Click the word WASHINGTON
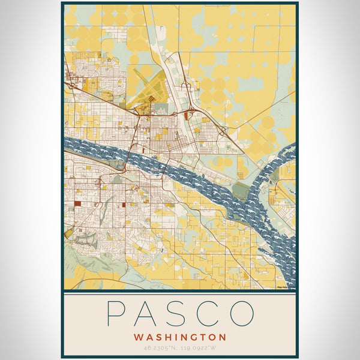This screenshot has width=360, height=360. pyautogui.click(x=180, y=337)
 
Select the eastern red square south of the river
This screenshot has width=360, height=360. pyautogui.click(x=124, y=205)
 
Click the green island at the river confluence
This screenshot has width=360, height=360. pyautogui.click(x=240, y=191)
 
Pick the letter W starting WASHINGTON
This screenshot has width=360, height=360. pyautogui.click(x=139, y=337)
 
